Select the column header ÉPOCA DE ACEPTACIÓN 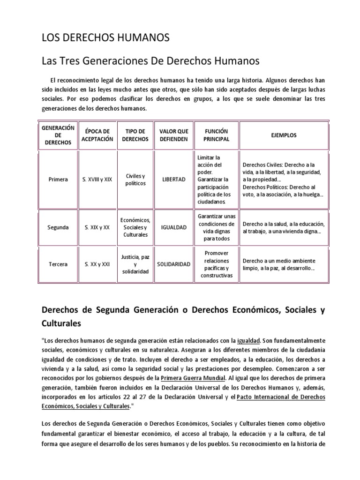pyautogui.click(x=97, y=135)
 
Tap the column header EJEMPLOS pyautogui.click(x=284, y=135)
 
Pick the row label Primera pyautogui.click(x=58, y=179)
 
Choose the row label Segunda pyautogui.click(x=58, y=227)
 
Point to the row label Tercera pyautogui.click(x=58, y=264)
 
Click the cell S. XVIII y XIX pyautogui.click(x=97, y=179)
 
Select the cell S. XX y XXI pyautogui.click(x=97, y=264)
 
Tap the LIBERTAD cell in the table pyautogui.click(x=173, y=179)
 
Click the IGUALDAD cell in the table pyautogui.click(x=173, y=227)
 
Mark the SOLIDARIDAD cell pyautogui.click(x=173, y=264)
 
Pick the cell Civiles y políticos pyautogui.click(x=135, y=179)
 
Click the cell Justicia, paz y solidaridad pyautogui.click(x=135, y=264)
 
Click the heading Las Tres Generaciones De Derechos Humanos pyautogui.click(x=150, y=61)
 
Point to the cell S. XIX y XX pyautogui.click(x=97, y=227)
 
